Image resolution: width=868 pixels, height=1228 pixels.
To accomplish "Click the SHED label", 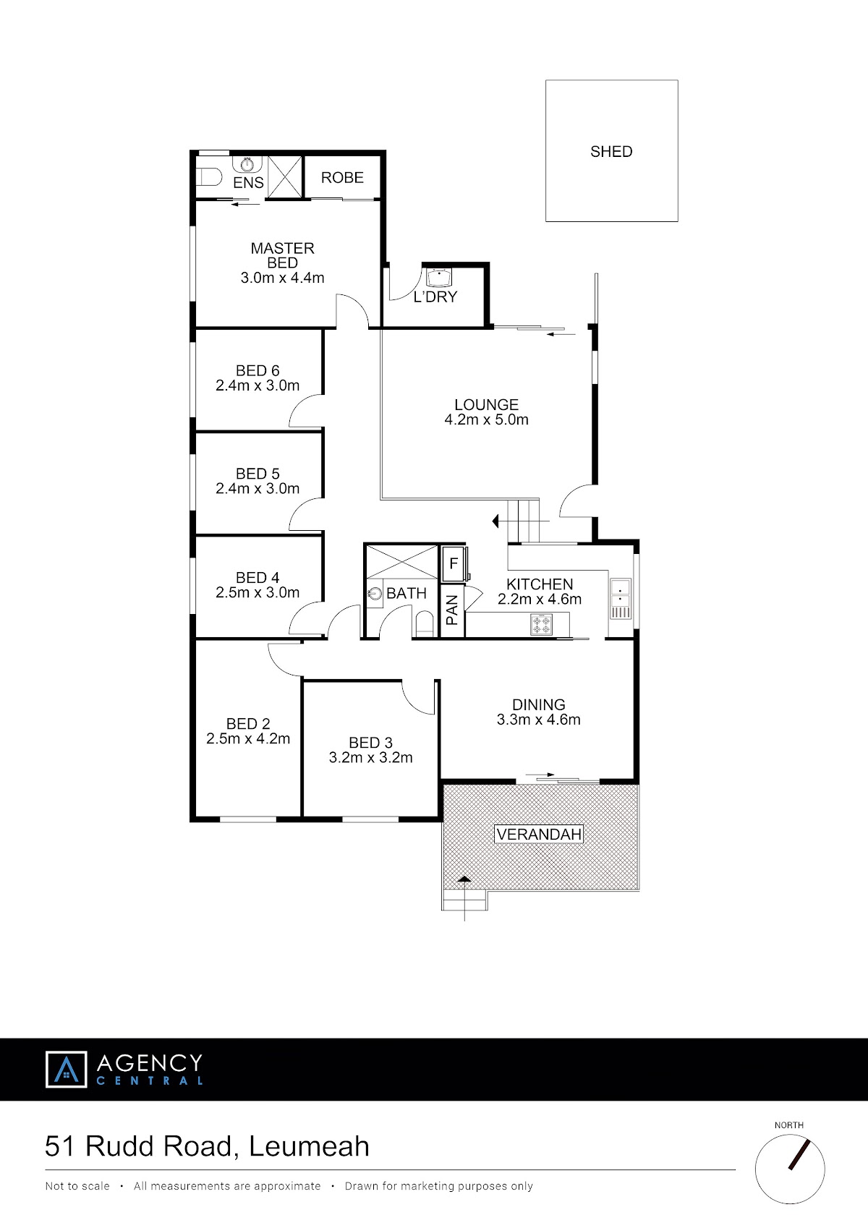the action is tap(611, 151).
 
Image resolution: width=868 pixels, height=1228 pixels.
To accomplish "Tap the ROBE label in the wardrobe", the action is tap(342, 178).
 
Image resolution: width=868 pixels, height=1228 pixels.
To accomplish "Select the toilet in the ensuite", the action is tap(209, 177).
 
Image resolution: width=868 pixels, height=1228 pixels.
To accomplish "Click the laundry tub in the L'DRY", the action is tap(438, 278).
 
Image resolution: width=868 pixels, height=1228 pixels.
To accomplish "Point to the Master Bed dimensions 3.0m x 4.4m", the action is tap(282, 278).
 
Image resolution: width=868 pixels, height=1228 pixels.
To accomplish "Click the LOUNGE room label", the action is tap(486, 404).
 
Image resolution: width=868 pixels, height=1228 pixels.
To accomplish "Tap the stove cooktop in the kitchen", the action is tap(541, 624).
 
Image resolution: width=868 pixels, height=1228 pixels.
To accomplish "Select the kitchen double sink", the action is tap(621, 600).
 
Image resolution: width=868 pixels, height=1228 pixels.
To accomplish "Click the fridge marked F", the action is tap(454, 563).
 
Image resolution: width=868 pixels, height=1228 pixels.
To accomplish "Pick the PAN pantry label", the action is tap(452, 610).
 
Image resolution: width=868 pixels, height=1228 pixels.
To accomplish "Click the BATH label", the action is tap(407, 593).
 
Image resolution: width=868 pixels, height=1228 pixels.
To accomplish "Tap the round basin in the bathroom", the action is tap(375, 594).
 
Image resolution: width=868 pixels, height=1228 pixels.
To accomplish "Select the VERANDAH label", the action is tap(538, 835).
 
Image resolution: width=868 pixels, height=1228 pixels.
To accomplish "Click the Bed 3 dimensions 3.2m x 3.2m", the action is tap(370, 758).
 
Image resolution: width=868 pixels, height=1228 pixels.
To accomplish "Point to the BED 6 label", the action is tap(258, 371).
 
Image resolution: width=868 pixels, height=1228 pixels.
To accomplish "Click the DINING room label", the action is tap(538, 705).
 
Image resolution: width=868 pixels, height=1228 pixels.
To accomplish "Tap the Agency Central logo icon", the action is tap(67, 1069).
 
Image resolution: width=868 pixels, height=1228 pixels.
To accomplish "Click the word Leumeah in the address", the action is tap(310, 1146).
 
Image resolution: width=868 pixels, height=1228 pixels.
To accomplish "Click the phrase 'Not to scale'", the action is tap(77, 1186).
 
